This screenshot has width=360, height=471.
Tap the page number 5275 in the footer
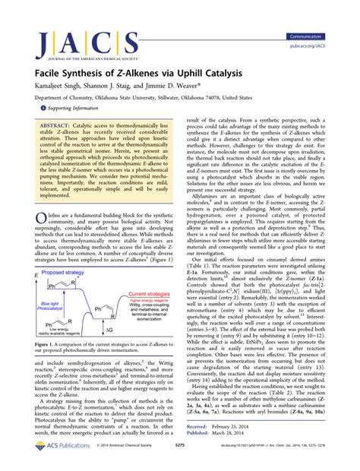[179, 456]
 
